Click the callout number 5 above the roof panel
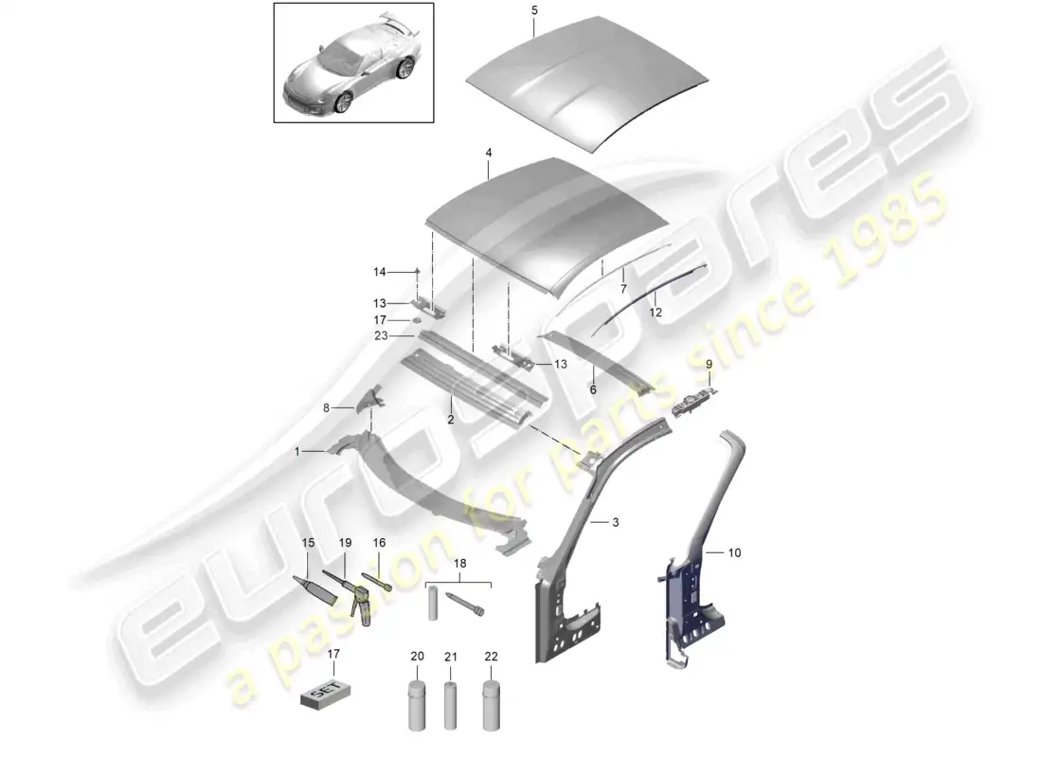tap(533, 10)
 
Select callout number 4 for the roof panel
tap(489, 152)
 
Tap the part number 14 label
tap(379, 272)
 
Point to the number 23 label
tap(379, 334)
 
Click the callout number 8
tap(327, 408)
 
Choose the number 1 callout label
tap(297, 452)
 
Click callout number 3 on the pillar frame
tap(616, 522)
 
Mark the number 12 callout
tap(655, 311)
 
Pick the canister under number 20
tap(418, 702)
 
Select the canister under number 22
tap(492, 702)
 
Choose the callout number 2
tap(452, 419)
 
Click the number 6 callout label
tap(594, 388)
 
